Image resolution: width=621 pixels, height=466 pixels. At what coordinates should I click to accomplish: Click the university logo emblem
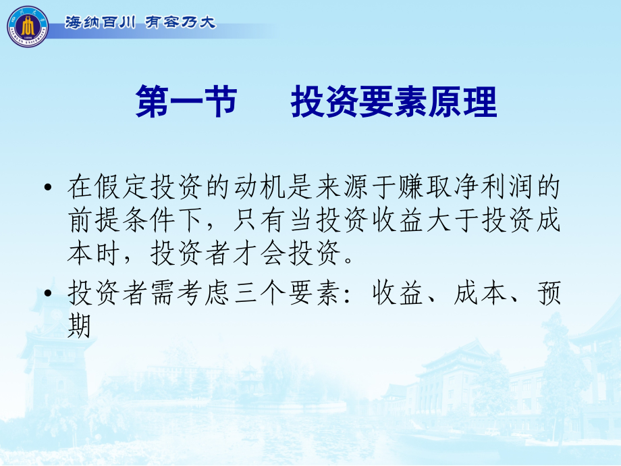28,26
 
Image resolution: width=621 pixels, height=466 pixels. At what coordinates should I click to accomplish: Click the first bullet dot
47,188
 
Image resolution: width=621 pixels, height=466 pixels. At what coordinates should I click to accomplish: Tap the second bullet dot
47,295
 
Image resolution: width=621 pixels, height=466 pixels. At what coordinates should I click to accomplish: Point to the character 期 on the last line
79,328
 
